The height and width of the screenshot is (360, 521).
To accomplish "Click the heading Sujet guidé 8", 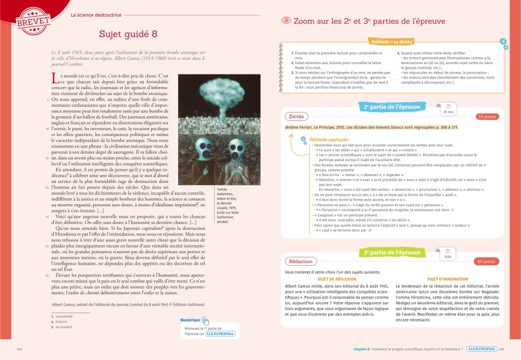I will coord(128,34).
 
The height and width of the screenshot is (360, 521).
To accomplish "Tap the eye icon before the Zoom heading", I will coord(286,21).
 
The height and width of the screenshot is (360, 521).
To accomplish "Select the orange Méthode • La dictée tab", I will coord(391,41).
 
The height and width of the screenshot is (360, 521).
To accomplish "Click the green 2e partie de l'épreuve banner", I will coord(392,107).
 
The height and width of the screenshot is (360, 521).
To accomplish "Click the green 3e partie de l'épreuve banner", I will coord(392,253).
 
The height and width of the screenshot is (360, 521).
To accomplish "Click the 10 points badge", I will coord(487,117).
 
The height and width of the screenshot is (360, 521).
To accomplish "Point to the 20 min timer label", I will coord(448,111).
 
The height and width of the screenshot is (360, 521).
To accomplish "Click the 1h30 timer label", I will coord(448,256).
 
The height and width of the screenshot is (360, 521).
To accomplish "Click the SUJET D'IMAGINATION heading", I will coord(448,279).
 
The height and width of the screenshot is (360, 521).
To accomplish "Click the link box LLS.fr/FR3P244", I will coord(220,334).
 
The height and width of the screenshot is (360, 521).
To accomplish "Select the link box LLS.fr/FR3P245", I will coord(481,349).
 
